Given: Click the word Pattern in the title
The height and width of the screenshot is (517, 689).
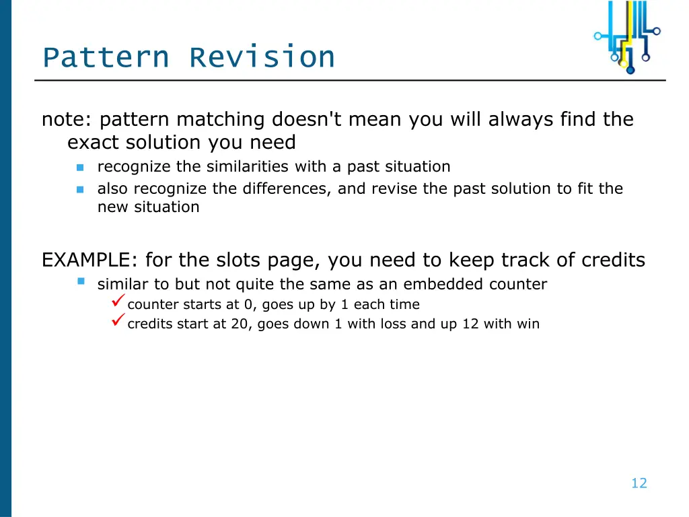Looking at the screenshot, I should click(x=105, y=57).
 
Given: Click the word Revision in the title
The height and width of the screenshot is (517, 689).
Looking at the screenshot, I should click(x=262, y=57).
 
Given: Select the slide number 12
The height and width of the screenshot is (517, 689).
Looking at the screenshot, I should click(x=639, y=483).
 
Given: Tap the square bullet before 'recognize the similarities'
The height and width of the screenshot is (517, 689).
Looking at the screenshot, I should click(x=80, y=167).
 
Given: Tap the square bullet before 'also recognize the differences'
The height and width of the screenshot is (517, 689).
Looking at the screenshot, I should click(x=80, y=189).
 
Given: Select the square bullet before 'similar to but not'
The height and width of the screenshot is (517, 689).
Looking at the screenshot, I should click(x=81, y=281).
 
